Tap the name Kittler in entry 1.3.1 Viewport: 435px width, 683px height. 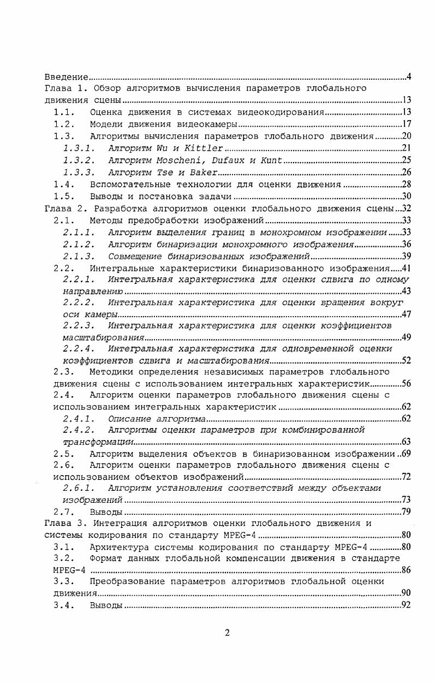[x=204, y=148]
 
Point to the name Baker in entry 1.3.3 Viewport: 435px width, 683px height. [x=200, y=172]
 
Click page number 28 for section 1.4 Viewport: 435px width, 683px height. [x=406, y=184]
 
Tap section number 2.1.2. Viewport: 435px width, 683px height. [x=79, y=244]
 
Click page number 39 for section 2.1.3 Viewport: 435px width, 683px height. [x=406, y=256]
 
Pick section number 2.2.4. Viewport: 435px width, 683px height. [x=79, y=348]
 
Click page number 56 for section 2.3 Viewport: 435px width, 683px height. [x=406, y=383]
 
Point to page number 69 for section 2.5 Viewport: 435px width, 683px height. [x=406, y=454]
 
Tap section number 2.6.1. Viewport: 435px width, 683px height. [x=79, y=488]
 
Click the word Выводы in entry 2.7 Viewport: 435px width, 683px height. [x=106, y=512]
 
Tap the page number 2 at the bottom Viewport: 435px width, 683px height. [x=227, y=633]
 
